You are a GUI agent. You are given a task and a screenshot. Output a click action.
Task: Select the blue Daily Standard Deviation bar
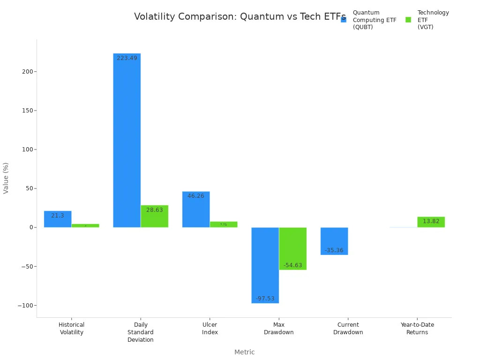[127, 141]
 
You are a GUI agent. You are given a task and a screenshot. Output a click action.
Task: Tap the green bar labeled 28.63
[154, 217]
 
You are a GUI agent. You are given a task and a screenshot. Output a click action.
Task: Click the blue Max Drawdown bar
[265, 265]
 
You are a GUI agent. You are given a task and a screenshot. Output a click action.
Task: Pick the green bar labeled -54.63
[292, 248]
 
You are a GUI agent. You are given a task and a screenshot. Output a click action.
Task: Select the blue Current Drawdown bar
[334, 241]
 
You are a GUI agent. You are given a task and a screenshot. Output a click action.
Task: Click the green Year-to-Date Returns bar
[431, 222]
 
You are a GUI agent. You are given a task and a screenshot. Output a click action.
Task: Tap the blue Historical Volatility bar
[58, 219]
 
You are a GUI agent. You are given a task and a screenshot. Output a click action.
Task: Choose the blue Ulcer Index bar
[196, 210]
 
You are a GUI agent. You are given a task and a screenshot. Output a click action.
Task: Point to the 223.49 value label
[127, 58]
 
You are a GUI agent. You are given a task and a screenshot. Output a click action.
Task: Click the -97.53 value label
[265, 299]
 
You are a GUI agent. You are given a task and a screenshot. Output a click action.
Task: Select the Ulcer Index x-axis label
[210, 329]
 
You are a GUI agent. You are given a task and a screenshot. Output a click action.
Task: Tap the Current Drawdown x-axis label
[348, 329]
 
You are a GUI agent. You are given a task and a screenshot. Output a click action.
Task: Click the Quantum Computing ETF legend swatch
[344, 20]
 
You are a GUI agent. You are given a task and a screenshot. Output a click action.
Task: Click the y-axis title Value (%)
[6, 178]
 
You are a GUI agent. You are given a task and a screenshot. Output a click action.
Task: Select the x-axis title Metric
[244, 352]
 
